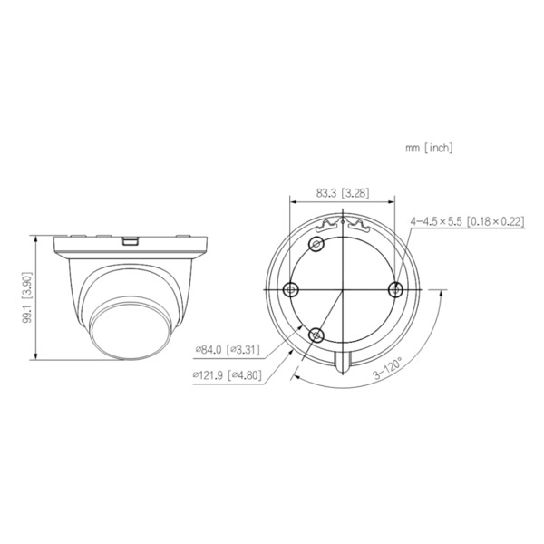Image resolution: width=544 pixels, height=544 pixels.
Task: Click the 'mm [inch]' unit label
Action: pos(429,147)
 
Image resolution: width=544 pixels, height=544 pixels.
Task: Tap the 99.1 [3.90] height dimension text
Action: pos(28,296)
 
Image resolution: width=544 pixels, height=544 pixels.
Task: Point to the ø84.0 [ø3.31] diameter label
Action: pos(228,349)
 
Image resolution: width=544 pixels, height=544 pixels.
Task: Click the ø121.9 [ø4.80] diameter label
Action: pos(228,374)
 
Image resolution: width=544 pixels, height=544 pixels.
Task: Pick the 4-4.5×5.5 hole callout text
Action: pos(468,220)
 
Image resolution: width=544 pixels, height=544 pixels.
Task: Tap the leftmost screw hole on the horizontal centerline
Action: pos(291,288)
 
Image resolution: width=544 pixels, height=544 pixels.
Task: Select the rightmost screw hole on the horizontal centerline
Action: pos(394,288)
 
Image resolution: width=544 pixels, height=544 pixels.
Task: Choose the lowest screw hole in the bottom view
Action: pos(316,335)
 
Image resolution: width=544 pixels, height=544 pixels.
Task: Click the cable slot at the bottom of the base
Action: pos(343,361)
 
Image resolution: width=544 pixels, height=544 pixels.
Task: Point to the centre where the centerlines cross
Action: pos(343,288)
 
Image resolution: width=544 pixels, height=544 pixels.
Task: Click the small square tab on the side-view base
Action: pos(130,241)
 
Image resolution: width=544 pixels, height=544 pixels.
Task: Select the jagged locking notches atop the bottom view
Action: pos(343,222)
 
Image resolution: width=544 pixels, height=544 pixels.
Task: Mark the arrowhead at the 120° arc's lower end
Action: pos(296,372)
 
